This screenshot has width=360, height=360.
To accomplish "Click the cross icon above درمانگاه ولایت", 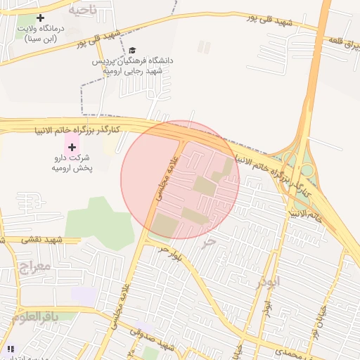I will tap(40, 17).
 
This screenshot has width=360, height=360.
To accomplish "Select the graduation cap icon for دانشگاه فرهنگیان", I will tap(131, 51).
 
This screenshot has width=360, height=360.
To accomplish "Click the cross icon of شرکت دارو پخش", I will tap(71, 146).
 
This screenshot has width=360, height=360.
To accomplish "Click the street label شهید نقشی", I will tap(43, 240).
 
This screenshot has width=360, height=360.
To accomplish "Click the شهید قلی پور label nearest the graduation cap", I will tap(95, 39).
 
